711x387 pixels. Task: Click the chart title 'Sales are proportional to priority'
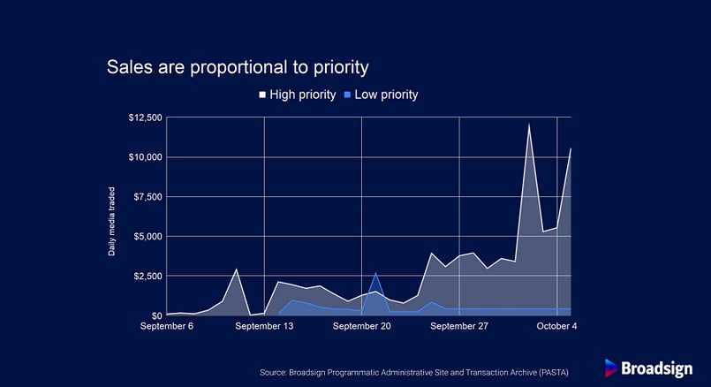(x=238, y=67)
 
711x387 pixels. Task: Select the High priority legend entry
(x=298, y=95)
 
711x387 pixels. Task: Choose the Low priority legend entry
(x=382, y=95)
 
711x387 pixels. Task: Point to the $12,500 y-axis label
(x=145, y=118)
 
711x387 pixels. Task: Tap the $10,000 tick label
(x=145, y=157)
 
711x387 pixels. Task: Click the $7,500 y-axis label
(x=147, y=196)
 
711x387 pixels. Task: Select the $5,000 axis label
(x=147, y=237)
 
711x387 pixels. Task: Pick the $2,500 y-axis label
(x=147, y=276)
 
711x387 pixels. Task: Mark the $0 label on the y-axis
(x=156, y=315)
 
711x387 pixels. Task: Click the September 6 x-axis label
(x=166, y=326)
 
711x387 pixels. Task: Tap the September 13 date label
(x=264, y=326)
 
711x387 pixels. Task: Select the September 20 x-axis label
(x=361, y=326)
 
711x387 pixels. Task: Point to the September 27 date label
(x=459, y=326)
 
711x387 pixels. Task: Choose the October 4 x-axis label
(x=556, y=326)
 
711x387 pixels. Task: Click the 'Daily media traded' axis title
(x=111, y=222)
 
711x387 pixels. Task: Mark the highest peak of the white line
(x=529, y=124)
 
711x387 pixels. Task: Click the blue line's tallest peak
(x=375, y=273)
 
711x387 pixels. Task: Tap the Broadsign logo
(x=648, y=368)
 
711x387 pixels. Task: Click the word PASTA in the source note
(x=553, y=373)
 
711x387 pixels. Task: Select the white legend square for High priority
(x=262, y=95)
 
